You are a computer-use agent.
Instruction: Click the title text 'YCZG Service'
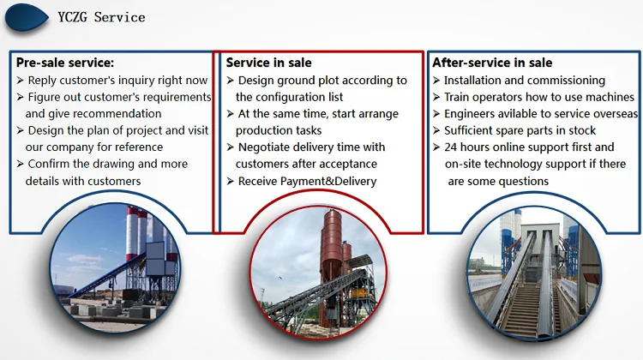(x=101, y=17)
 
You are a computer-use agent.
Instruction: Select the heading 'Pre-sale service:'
(x=65, y=63)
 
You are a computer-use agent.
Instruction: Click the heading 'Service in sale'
(x=268, y=63)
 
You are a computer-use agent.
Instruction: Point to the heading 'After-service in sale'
(x=492, y=63)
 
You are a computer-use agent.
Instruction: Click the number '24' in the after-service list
(x=451, y=147)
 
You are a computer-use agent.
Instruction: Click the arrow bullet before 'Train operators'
(x=436, y=97)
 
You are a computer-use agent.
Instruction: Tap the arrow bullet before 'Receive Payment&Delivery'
(x=230, y=181)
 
